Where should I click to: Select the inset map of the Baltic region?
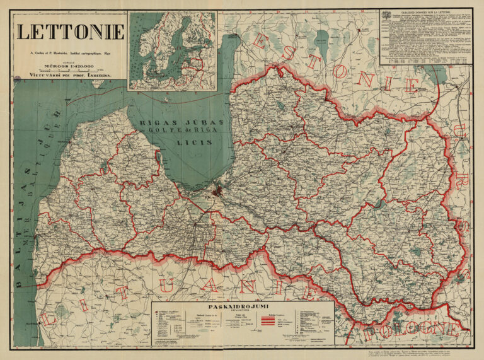(172, 50)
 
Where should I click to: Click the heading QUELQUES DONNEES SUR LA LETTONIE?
(426, 12)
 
